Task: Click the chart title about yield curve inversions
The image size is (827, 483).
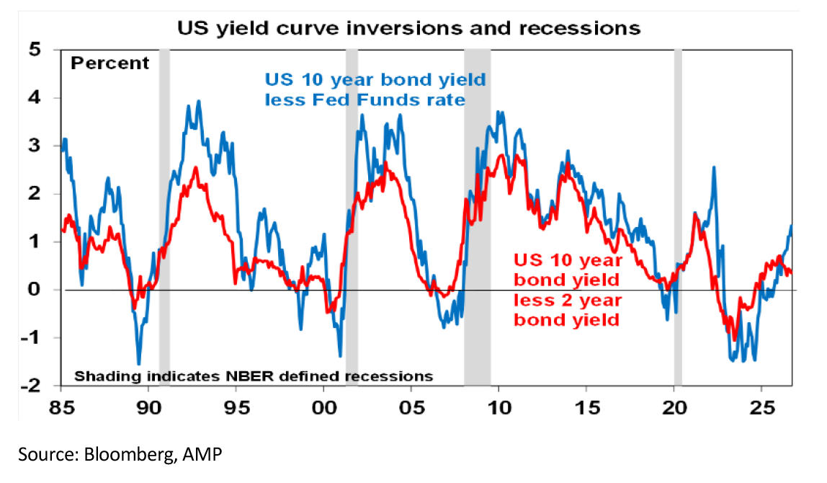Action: coord(408,28)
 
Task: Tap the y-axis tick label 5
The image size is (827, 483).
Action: coord(35,50)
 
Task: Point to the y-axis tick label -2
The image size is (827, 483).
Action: coord(30,386)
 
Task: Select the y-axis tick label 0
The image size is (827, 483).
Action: coord(35,289)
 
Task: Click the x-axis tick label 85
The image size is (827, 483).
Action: coord(62,408)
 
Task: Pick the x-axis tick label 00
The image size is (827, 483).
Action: coord(324,408)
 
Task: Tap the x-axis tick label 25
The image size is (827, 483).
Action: coord(761,408)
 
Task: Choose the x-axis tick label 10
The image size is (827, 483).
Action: coord(499,408)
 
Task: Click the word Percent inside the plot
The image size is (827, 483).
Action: coord(110,63)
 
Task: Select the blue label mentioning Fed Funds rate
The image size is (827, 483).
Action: coord(375,89)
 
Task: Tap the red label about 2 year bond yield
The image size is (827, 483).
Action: coord(568,290)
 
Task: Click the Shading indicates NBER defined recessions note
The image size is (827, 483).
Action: coord(254,376)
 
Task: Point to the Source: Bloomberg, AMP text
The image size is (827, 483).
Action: coord(120,454)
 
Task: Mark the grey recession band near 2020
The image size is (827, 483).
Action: coord(678,217)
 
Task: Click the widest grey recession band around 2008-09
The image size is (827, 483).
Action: coord(478,217)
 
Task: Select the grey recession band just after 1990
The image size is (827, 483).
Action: coord(164,217)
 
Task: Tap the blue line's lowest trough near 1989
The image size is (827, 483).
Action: coord(139,364)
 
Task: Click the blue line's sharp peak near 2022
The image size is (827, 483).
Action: coord(714,167)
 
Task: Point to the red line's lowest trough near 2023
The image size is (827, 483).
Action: coord(734,340)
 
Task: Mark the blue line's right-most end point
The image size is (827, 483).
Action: coord(791,226)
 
